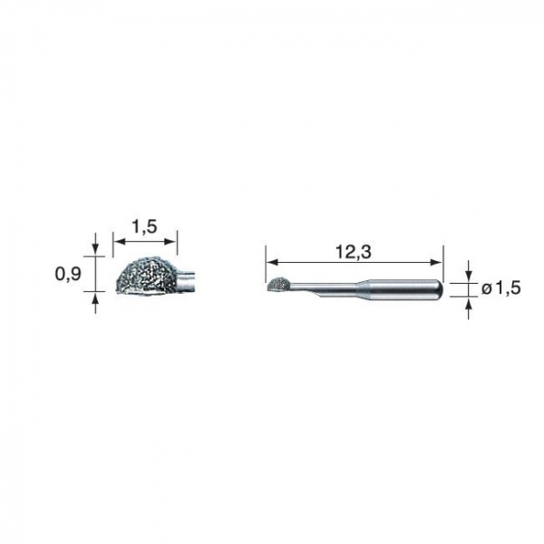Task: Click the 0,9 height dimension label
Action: (x=68, y=274)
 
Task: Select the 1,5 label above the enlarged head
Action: (x=144, y=227)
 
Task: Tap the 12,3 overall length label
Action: (x=354, y=252)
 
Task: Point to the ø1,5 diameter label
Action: (x=501, y=288)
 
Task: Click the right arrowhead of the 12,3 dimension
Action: (x=437, y=262)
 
